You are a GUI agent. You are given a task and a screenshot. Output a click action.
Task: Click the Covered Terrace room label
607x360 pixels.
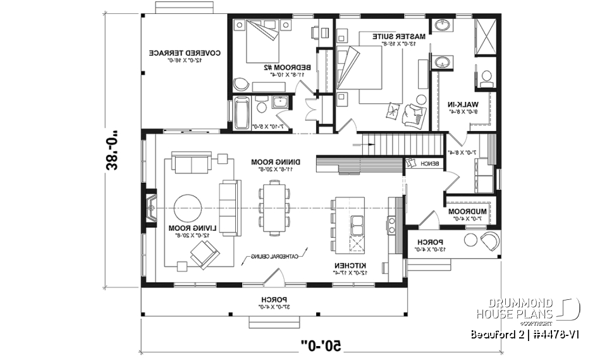point(184,54)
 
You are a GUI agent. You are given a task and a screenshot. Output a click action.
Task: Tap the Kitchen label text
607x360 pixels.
point(347,264)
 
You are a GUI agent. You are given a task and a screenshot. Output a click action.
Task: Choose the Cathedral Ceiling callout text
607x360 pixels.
point(274,256)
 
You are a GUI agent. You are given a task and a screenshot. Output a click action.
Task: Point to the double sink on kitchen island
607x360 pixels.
point(357,225)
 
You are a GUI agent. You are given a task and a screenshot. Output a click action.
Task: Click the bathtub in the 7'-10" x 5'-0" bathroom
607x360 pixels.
point(242,114)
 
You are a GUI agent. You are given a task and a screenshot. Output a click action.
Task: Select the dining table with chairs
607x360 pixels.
point(273,208)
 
